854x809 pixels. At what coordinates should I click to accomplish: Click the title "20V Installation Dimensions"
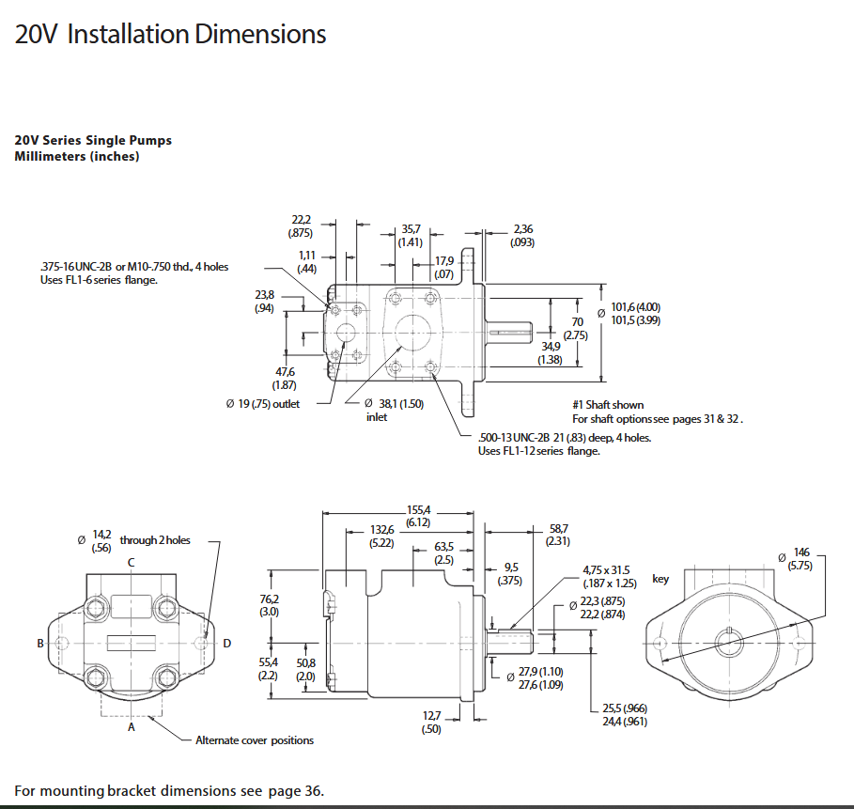click(170, 35)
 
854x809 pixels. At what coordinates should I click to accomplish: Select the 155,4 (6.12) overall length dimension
click(417, 515)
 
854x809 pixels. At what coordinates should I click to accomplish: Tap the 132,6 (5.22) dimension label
click(380, 537)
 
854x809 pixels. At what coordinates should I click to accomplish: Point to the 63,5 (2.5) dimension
click(443, 553)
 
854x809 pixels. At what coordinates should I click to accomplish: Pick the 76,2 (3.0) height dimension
click(269, 605)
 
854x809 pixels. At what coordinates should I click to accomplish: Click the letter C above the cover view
click(131, 563)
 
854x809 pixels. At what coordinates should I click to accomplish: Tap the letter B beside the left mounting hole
click(40, 644)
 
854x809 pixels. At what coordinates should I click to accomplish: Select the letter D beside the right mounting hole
click(226, 644)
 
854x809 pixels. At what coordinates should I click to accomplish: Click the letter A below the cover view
click(131, 725)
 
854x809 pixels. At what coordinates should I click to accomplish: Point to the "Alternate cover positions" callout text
click(255, 740)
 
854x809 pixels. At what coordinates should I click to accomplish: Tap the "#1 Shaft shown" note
click(609, 405)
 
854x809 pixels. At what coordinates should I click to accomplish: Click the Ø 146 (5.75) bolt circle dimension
click(800, 559)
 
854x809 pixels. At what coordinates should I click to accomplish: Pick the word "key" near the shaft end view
click(660, 579)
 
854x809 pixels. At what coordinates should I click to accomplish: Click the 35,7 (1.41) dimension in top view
click(411, 235)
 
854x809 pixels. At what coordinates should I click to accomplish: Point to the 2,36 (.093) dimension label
click(522, 235)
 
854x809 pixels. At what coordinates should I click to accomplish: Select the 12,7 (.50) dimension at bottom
click(431, 722)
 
